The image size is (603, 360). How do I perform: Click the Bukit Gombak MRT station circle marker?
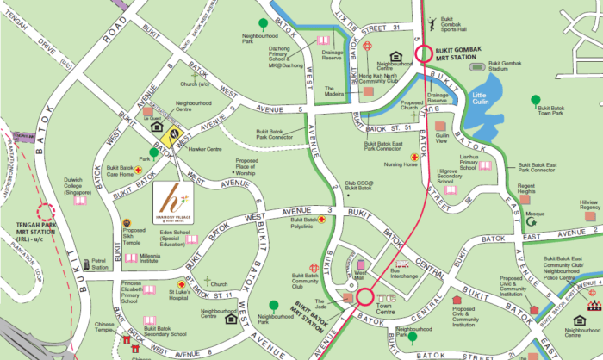(x=422, y=53)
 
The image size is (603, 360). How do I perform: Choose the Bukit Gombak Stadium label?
(x=517, y=64)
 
